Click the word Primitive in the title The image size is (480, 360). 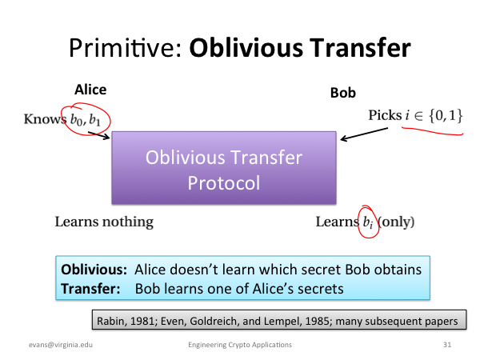(126, 48)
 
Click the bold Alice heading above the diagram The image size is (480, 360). (90, 90)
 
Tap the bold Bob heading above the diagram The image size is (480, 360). (343, 93)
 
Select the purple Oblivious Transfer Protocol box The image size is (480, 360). (224, 168)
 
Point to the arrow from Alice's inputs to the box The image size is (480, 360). (99, 135)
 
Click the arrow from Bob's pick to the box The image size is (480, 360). (364, 134)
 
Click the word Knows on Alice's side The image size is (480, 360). (45, 118)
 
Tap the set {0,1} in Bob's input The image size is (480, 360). (446, 116)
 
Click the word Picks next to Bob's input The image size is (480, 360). (385, 115)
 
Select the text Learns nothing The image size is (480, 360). (104, 222)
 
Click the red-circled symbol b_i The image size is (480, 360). (368, 222)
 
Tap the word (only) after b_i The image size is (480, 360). (397, 222)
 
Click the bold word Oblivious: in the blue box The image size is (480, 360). (94, 270)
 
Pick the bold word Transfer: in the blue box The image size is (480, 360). (90, 289)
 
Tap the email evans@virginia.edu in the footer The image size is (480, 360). (61, 345)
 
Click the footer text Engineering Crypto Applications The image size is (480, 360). (240, 345)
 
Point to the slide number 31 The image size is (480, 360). (447, 345)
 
